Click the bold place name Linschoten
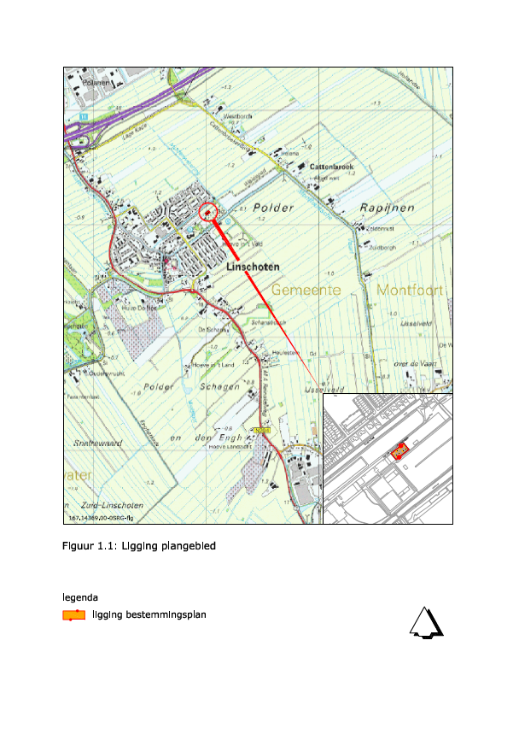coord(253,267)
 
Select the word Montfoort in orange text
coord(408,291)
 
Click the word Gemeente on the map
coord(306,291)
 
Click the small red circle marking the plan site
coord(208,212)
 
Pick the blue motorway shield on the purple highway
coord(83,116)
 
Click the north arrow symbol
coord(427,624)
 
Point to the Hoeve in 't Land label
coord(207,364)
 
